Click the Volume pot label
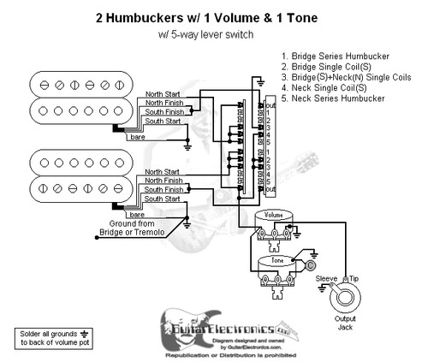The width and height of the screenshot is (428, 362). click(274, 214)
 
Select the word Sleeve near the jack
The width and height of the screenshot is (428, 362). click(326, 278)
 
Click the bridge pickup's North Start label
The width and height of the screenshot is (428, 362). click(163, 94)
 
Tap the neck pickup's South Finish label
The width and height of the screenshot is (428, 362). click(163, 189)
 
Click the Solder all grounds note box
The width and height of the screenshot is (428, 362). click(47, 336)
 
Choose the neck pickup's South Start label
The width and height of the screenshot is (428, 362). click(160, 199)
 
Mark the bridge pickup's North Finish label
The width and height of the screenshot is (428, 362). click(163, 104)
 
